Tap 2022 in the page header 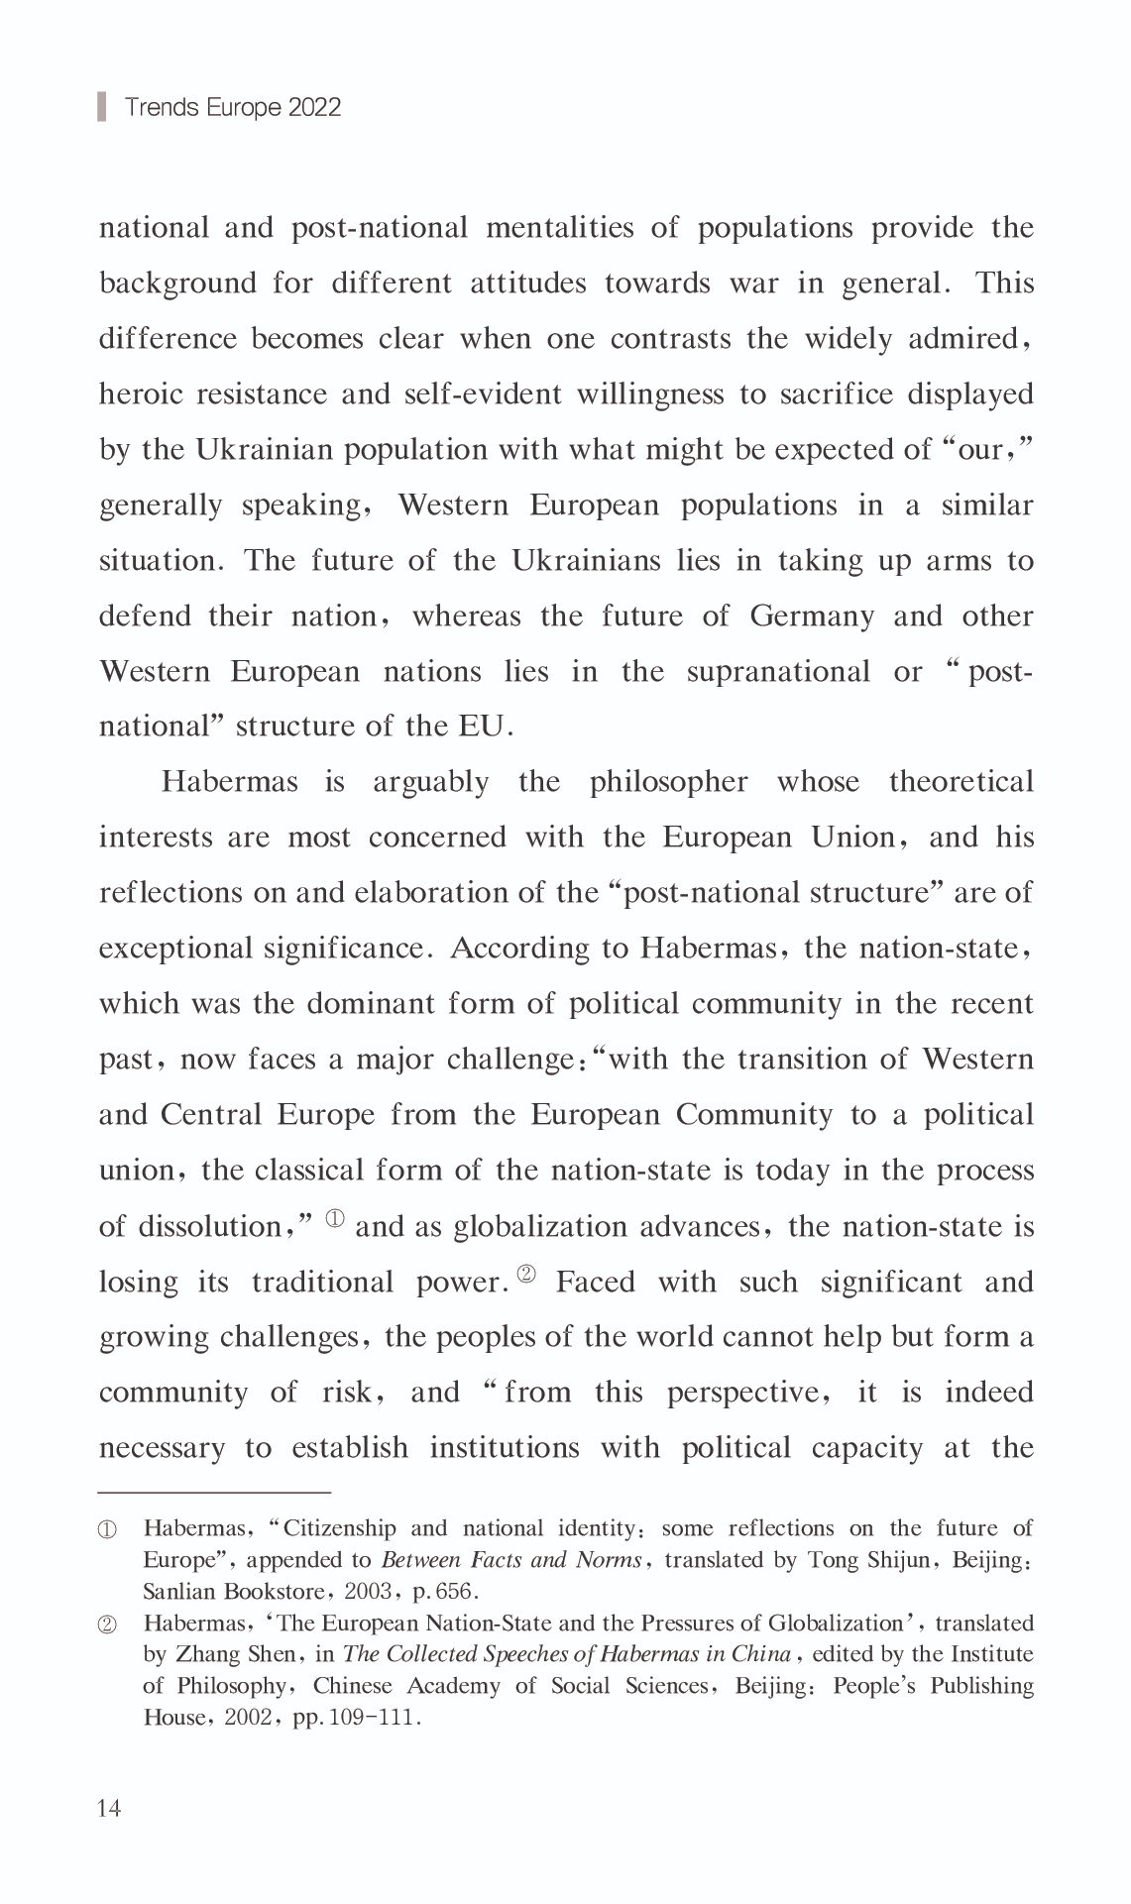click(314, 107)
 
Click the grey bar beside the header click(101, 106)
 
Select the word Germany click(812, 616)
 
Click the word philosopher click(668, 782)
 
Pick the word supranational click(778, 672)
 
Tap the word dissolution click(210, 1227)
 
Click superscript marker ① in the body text click(335, 1218)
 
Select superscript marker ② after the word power click(526, 1274)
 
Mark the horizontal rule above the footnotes click(214, 1491)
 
